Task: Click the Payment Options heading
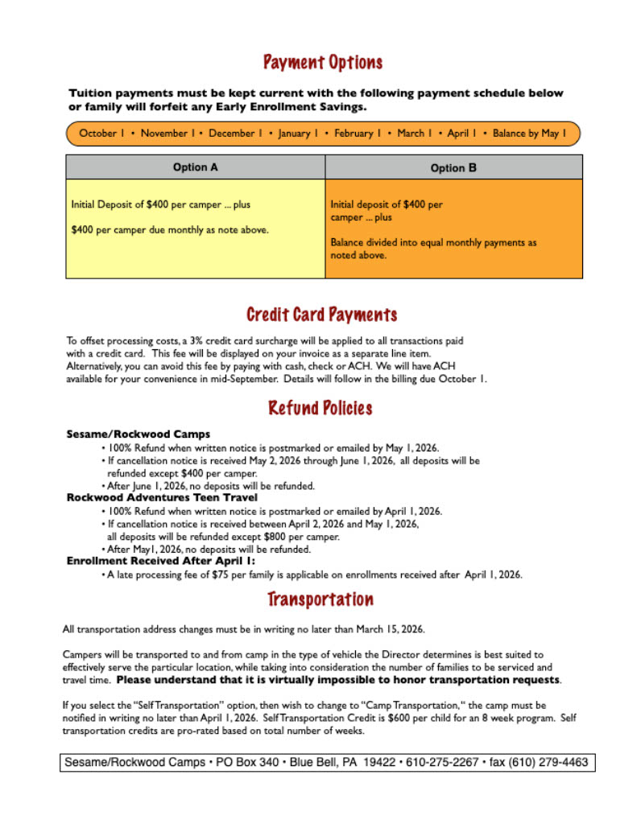(322, 63)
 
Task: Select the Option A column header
(195, 167)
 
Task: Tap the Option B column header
(453, 168)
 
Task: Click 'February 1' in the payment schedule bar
(358, 134)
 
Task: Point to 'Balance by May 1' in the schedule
(529, 134)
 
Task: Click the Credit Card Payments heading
(321, 315)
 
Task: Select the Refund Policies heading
(321, 408)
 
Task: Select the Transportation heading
(321, 599)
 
